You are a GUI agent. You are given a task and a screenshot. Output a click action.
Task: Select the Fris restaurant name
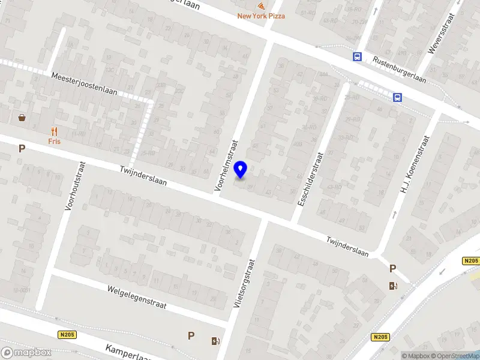[x=55, y=142]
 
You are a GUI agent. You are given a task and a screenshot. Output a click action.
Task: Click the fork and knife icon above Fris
[x=55, y=131]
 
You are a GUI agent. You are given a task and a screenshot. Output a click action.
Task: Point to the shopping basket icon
[x=22, y=118]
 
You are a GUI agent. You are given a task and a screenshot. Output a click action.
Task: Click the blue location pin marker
[x=241, y=170]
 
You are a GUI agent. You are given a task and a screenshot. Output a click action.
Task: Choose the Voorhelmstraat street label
[x=227, y=166]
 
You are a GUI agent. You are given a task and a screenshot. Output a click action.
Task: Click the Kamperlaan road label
[x=129, y=352]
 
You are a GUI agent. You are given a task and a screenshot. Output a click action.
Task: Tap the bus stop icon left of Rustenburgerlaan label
[x=358, y=57]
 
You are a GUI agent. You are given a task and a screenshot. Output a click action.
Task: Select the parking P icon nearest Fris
[x=22, y=149]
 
